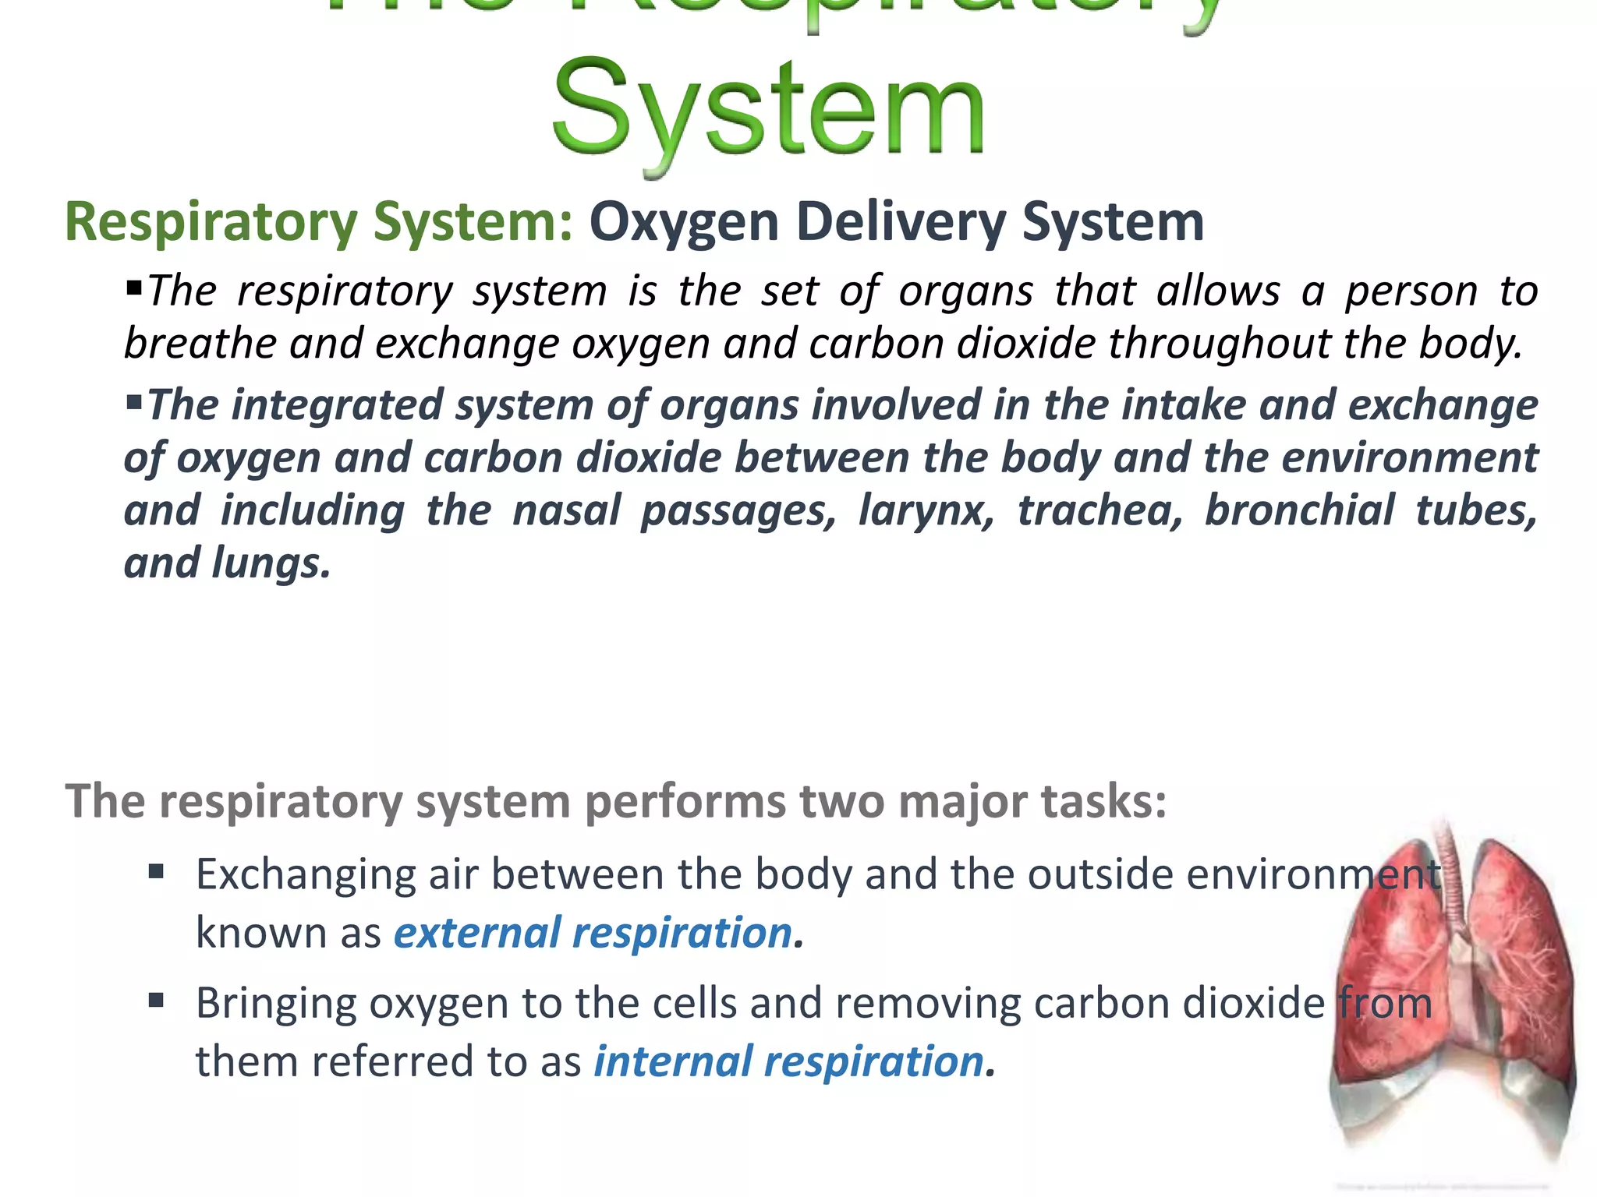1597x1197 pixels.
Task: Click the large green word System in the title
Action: (768, 109)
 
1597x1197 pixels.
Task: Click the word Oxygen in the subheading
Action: (684, 222)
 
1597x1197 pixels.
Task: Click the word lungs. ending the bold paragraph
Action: (271, 563)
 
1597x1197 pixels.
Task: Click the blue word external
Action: (476, 933)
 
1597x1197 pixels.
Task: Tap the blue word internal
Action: (673, 1061)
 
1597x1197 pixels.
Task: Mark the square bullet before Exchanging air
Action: (156, 871)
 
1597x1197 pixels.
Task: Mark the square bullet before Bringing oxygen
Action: (156, 1000)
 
